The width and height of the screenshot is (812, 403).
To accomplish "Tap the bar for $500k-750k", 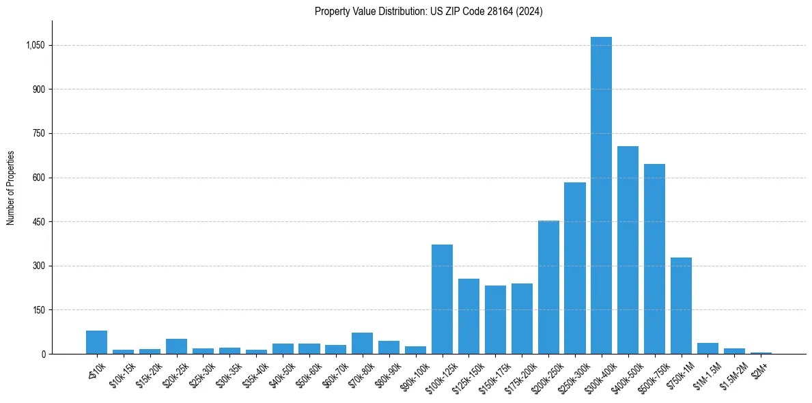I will [x=654, y=259].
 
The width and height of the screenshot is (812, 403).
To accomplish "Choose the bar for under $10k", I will [x=96, y=342].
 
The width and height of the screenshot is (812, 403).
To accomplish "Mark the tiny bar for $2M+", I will [x=761, y=352].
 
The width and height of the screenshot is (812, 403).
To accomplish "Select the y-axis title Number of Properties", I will [x=11, y=188].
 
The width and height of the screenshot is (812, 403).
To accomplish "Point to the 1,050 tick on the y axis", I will [x=35, y=45].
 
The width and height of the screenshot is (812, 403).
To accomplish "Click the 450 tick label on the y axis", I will [x=38, y=222].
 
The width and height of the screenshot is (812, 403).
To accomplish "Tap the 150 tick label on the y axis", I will [x=38, y=310].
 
